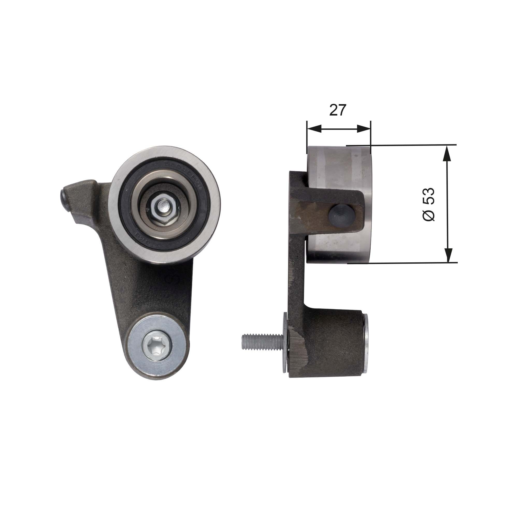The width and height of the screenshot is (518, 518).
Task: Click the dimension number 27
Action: [337, 110]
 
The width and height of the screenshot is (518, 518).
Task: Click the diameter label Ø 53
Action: [428, 204]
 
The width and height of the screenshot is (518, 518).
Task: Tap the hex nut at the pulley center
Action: [163, 207]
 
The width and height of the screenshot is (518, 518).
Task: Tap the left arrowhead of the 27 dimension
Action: [314, 129]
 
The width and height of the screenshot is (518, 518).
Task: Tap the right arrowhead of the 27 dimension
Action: [364, 129]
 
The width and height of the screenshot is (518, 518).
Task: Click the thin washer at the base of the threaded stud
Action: [285, 343]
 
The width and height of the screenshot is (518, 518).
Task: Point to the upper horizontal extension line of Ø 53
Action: [402, 145]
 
